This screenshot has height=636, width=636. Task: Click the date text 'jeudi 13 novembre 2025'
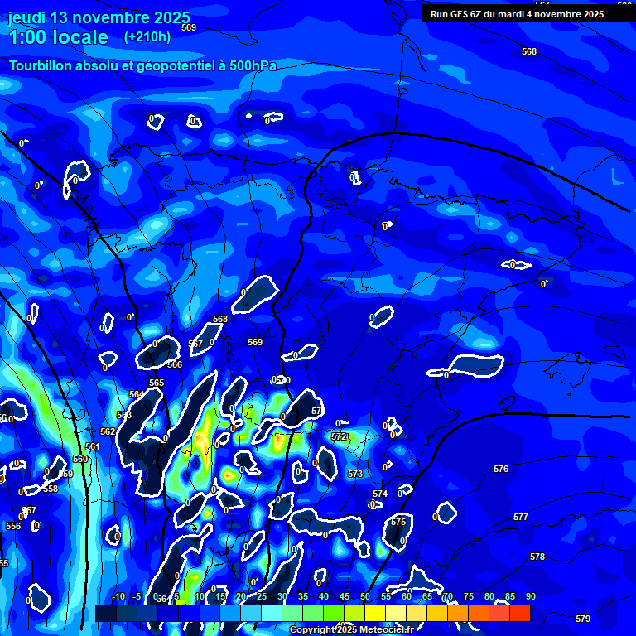pyautogui.click(x=99, y=17)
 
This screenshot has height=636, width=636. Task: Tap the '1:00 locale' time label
pyautogui.click(x=59, y=37)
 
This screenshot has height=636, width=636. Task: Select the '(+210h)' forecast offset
pyautogui.click(x=147, y=36)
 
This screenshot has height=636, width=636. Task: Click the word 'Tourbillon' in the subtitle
pyautogui.click(x=41, y=65)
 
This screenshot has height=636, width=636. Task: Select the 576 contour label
pyautogui.click(x=501, y=470)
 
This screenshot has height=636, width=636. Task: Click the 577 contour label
pyautogui.click(x=521, y=518)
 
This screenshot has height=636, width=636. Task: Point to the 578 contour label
pyautogui.click(x=537, y=557)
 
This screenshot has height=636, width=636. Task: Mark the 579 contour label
pyautogui.click(x=583, y=619)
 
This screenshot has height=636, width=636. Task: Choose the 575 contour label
pyautogui.click(x=398, y=523)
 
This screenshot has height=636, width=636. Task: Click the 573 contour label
pyautogui.click(x=355, y=475)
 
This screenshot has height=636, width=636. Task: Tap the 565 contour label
pyautogui.click(x=157, y=383)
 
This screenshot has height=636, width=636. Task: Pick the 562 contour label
pyautogui.click(x=108, y=432)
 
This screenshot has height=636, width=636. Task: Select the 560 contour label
pyautogui.click(x=80, y=459)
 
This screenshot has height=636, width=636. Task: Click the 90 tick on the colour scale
pyautogui.click(x=530, y=597)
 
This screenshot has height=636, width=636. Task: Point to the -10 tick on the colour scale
pyautogui.click(x=118, y=597)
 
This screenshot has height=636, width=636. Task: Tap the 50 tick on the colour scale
pyautogui.click(x=364, y=597)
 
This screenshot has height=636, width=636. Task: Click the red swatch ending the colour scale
pyautogui.click(x=519, y=613)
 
